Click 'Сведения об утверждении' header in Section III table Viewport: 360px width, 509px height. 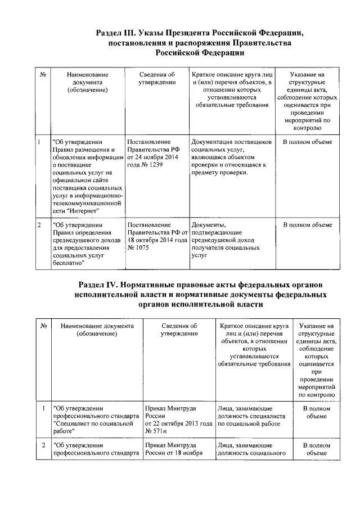(156, 78)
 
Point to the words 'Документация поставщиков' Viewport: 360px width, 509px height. (231, 142)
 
